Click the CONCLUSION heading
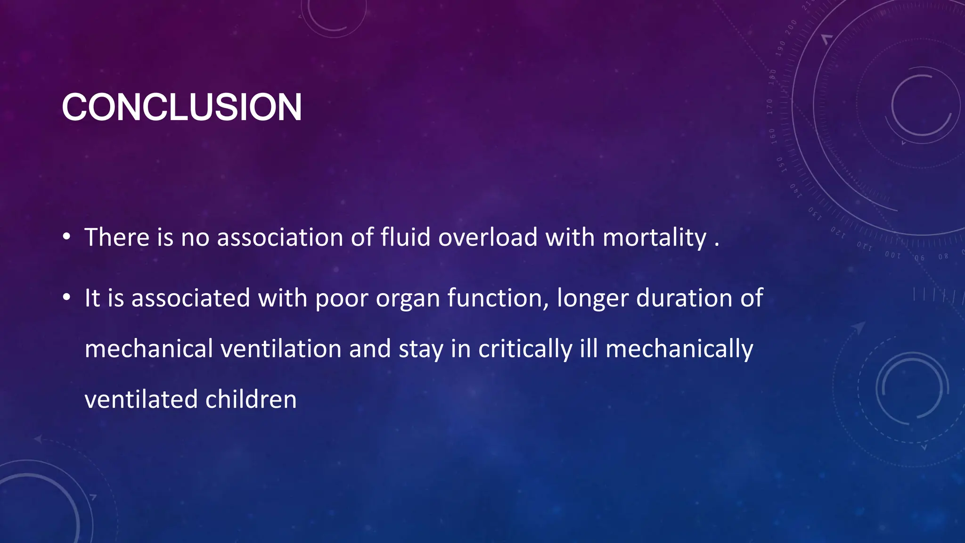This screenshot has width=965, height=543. (x=181, y=107)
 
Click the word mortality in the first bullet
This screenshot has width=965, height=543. (x=654, y=238)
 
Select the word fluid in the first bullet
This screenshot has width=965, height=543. (x=405, y=237)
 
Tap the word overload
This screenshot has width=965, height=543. (x=488, y=237)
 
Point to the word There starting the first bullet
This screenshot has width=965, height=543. (x=117, y=237)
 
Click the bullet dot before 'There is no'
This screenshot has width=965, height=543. (x=67, y=237)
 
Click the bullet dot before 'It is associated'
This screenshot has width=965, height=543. (x=67, y=297)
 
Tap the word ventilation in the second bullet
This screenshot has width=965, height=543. (x=281, y=349)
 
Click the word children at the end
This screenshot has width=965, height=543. (x=251, y=400)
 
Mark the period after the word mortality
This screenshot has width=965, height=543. (x=717, y=244)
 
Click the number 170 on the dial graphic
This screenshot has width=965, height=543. (x=770, y=107)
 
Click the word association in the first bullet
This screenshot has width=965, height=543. (x=279, y=237)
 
